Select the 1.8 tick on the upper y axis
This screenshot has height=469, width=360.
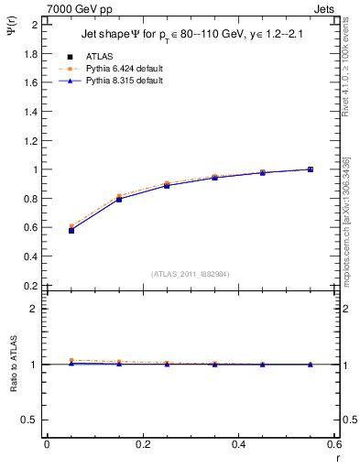(x=33, y=53)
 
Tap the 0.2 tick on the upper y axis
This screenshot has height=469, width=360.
(x=33, y=286)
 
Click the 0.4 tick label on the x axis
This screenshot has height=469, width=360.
(x=238, y=444)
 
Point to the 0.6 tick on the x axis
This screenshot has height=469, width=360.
(x=333, y=444)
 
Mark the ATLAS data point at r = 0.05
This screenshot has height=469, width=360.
(x=71, y=230)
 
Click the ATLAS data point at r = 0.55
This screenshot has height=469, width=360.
(x=311, y=169)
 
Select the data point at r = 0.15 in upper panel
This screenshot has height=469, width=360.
(x=119, y=199)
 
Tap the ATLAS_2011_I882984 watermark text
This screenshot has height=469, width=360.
(x=191, y=273)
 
